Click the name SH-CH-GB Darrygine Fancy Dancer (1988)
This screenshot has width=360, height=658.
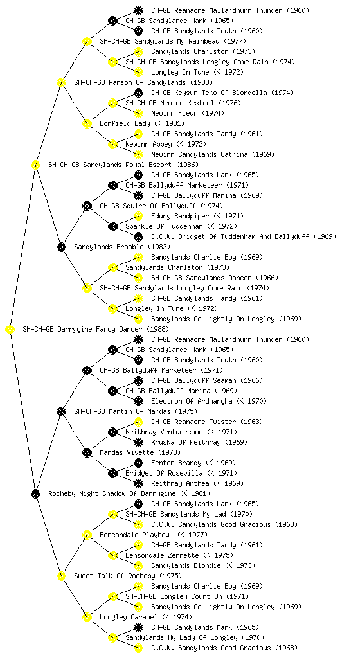point(96,329)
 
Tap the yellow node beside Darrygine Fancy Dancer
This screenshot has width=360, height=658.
point(10,330)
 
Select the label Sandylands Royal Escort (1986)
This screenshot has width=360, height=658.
point(123,164)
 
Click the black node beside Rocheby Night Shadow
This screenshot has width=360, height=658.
point(35,494)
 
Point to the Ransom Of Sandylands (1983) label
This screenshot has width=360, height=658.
point(143,82)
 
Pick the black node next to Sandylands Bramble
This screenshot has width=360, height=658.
point(61,247)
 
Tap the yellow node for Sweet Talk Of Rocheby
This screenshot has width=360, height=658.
point(61,576)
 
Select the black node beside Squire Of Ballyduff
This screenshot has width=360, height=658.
point(87,206)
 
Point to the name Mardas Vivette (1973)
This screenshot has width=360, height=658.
point(140,452)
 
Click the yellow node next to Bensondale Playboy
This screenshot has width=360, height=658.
point(87,535)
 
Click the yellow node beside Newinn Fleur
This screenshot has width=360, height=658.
point(138,113)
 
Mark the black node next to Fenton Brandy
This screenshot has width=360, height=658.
point(138,463)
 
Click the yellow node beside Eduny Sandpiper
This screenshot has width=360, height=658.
point(138,216)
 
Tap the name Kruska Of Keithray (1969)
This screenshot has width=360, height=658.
point(199,442)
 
